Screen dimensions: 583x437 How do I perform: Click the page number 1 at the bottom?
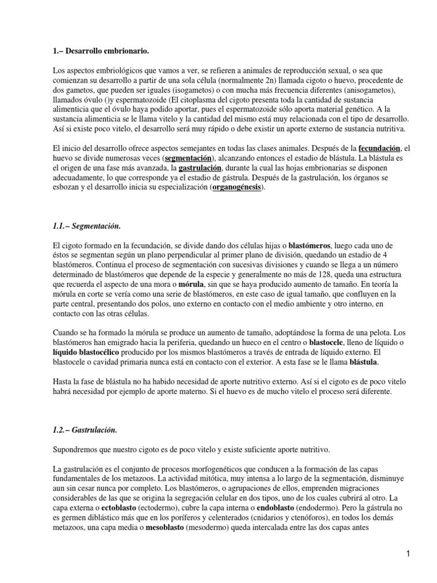click(x=408, y=554)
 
